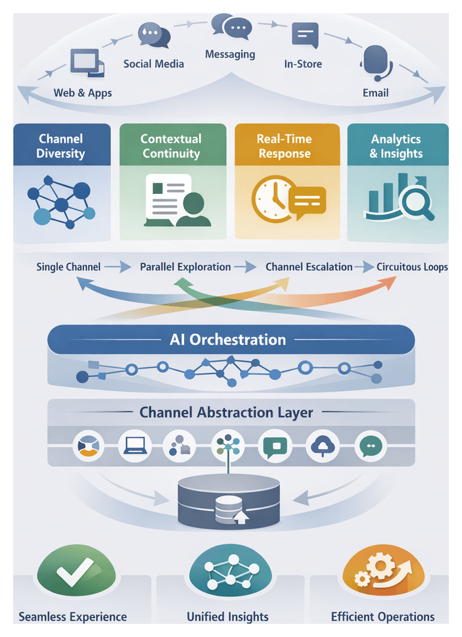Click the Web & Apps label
[82, 93]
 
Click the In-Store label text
[303, 64]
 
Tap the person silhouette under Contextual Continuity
[193, 210]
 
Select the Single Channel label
[68, 267]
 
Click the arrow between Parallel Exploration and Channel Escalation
[245, 267]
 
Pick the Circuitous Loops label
[412, 267]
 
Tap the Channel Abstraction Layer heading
[227, 413]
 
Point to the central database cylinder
[229, 503]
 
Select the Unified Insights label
[227, 617]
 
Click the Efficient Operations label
[382, 617]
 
